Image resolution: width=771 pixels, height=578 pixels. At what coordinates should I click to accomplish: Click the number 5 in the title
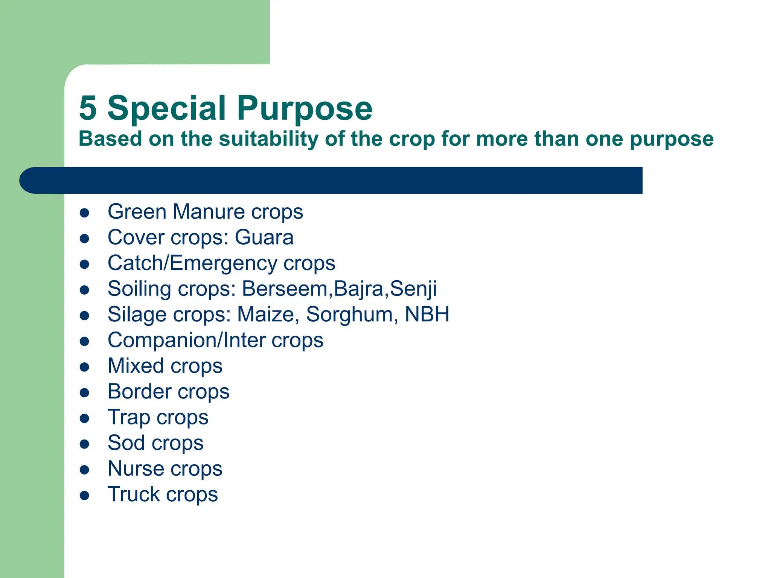(x=88, y=108)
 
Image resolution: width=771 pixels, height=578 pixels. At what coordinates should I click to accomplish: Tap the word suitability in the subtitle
(x=268, y=139)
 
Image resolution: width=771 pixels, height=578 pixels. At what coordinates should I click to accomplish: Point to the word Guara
(x=264, y=237)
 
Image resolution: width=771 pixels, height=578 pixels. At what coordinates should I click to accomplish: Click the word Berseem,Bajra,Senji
(x=339, y=289)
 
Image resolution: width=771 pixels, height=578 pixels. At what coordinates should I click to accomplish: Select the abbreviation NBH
(x=427, y=314)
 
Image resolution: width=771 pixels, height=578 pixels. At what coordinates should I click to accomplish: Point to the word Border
(x=139, y=391)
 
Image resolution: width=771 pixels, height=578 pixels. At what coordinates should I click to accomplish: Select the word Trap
(x=128, y=417)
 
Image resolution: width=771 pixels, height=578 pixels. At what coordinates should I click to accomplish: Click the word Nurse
(x=136, y=468)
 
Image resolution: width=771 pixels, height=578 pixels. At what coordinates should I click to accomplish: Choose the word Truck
(x=133, y=494)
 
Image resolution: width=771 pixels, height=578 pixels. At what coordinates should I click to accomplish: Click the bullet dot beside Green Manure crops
(x=84, y=213)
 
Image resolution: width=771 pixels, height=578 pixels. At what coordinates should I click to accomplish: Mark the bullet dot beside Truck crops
(x=84, y=496)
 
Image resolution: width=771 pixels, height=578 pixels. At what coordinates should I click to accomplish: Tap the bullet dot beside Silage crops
(x=84, y=316)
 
